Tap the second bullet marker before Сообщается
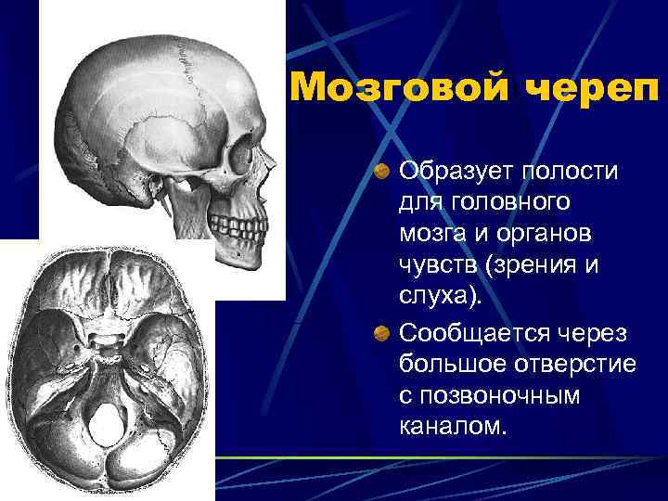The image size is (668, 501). pyautogui.click(x=381, y=333)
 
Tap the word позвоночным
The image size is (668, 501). pyautogui.click(x=501, y=395)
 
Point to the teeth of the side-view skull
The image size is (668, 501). pyautogui.click(x=238, y=223)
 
